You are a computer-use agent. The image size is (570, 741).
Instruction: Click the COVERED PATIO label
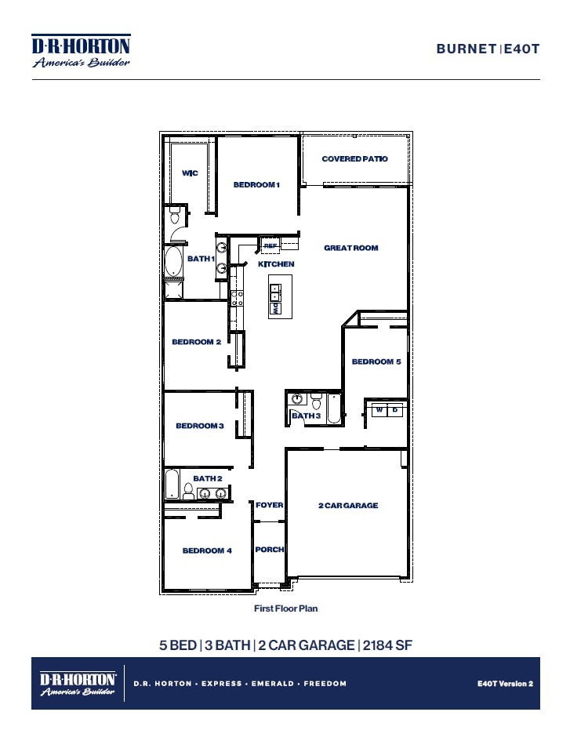(x=354, y=159)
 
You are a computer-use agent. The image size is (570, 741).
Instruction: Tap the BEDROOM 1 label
(x=256, y=185)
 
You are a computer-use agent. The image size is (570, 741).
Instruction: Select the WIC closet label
(x=190, y=173)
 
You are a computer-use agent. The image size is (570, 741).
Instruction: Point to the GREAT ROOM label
(x=351, y=248)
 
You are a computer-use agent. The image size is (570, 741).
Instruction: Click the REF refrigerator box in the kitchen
(x=270, y=245)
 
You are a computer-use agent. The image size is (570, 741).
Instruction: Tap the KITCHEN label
(x=276, y=264)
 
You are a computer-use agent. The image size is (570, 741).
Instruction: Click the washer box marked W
(x=379, y=410)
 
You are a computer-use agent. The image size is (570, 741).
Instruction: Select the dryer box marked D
(x=396, y=410)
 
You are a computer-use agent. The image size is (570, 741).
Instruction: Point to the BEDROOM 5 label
(x=376, y=361)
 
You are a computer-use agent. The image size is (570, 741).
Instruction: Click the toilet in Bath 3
(x=315, y=404)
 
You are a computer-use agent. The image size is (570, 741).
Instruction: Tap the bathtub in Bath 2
(x=172, y=485)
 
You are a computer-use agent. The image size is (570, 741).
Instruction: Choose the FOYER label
(x=269, y=505)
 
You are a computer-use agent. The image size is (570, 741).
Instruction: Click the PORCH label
(x=269, y=550)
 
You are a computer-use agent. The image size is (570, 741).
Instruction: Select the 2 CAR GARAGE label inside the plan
(x=348, y=506)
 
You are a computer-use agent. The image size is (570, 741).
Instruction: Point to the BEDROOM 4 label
(x=207, y=550)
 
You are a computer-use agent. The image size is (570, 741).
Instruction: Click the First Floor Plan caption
(x=285, y=608)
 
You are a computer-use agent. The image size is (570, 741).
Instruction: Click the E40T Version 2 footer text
(x=504, y=683)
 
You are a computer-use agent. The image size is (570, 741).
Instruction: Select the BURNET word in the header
(x=467, y=49)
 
